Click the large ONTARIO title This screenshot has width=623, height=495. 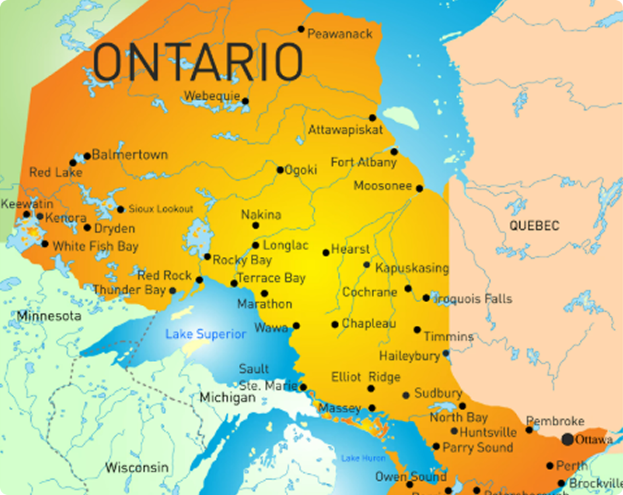pyautogui.click(x=198, y=61)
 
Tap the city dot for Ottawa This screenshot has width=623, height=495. pyautogui.click(x=568, y=439)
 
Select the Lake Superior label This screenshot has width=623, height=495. pyautogui.click(x=206, y=334)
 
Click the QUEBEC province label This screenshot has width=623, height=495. pyautogui.click(x=534, y=225)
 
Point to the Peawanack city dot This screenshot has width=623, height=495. pyautogui.click(x=301, y=29)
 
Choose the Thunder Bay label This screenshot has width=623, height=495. pyautogui.click(x=129, y=290)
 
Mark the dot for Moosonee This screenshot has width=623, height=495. pyautogui.click(x=419, y=188)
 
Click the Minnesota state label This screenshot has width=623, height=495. pyautogui.click(x=49, y=316)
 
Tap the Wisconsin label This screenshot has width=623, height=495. pyautogui.click(x=136, y=467)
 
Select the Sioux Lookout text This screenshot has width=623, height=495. pyautogui.click(x=160, y=209)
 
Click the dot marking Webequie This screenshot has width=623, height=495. pyautogui.click(x=245, y=101)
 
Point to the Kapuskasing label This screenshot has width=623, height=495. pyautogui.click(x=411, y=268)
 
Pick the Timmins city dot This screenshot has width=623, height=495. pyautogui.click(x=417, y=330)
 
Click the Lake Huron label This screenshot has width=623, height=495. pyautogui.click(x=363, y=459)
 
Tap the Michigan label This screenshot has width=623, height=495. pyautogui.click(x=227, y=398)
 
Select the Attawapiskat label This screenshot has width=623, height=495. pyautogui.click(x=345, y=129)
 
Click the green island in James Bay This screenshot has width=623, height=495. pyautogui.click(x=400, y=117)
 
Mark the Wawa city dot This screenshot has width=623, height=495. pyautogui.click(x=296, y=326)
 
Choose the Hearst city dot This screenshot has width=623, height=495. pyautogui.click(x=326, y=252)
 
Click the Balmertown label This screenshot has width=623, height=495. pyautogui.click(x=129, y=154)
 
